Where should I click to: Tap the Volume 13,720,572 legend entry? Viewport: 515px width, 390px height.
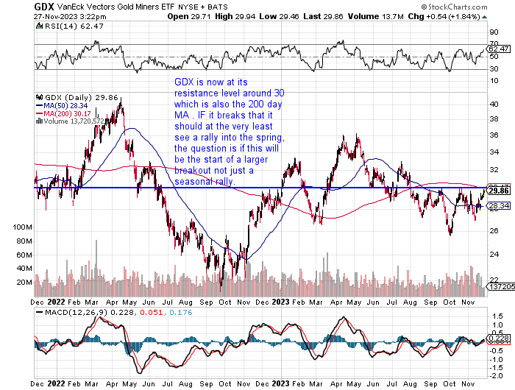[77, 121]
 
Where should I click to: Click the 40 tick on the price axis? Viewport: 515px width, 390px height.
[494, 104]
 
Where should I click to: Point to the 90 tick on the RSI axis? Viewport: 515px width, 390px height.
[494, 32]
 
